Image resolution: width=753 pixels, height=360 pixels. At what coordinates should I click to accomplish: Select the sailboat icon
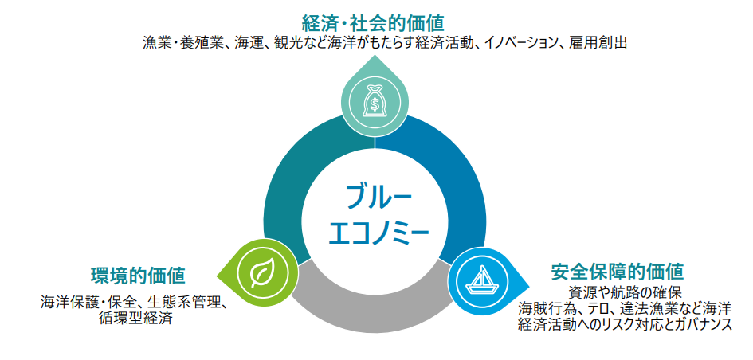[479, 280]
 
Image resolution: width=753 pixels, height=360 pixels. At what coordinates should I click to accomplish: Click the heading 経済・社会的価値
[373, 22]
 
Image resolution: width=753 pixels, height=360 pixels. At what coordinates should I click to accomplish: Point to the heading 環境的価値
[139, 276]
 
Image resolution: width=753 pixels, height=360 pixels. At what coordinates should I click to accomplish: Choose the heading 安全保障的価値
[617, 272]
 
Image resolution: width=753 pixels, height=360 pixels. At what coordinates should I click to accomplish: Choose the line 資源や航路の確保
[624, 292]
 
